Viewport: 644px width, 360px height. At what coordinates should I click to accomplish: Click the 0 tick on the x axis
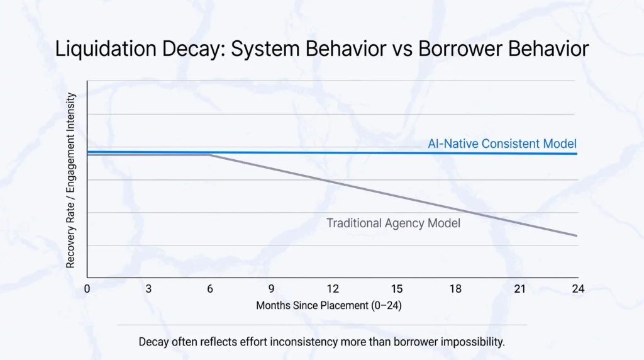click(87, 289)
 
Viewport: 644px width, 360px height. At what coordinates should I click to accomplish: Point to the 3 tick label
click(148, 289)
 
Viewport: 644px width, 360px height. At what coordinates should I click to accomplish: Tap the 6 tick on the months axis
click(210, 289)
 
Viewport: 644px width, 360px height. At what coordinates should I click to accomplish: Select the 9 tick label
click(271, 289)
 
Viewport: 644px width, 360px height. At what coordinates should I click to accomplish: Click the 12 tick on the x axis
click(333, 289)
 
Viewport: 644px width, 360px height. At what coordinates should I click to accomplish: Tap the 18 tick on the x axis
click(455, 289)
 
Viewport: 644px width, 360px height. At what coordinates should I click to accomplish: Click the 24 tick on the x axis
click(578, 289)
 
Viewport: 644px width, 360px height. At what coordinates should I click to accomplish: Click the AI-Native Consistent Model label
click(502, 143)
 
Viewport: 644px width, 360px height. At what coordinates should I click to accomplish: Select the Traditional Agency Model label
click(393, 223)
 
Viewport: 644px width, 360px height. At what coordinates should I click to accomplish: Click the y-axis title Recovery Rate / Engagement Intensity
click(71, 180)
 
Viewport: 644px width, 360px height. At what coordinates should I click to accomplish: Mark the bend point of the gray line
click(210, 155)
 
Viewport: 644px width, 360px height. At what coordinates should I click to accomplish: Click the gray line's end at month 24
click(577, 236)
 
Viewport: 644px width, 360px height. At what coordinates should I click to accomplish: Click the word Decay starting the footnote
click(153, 342)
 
